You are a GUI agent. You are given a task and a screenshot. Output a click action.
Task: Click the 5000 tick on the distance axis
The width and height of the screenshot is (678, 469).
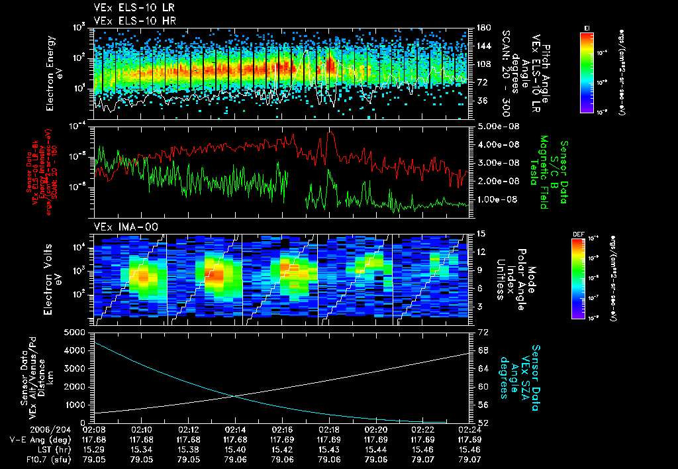77,332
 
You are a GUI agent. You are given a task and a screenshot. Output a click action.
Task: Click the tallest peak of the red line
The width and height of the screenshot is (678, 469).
330,133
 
